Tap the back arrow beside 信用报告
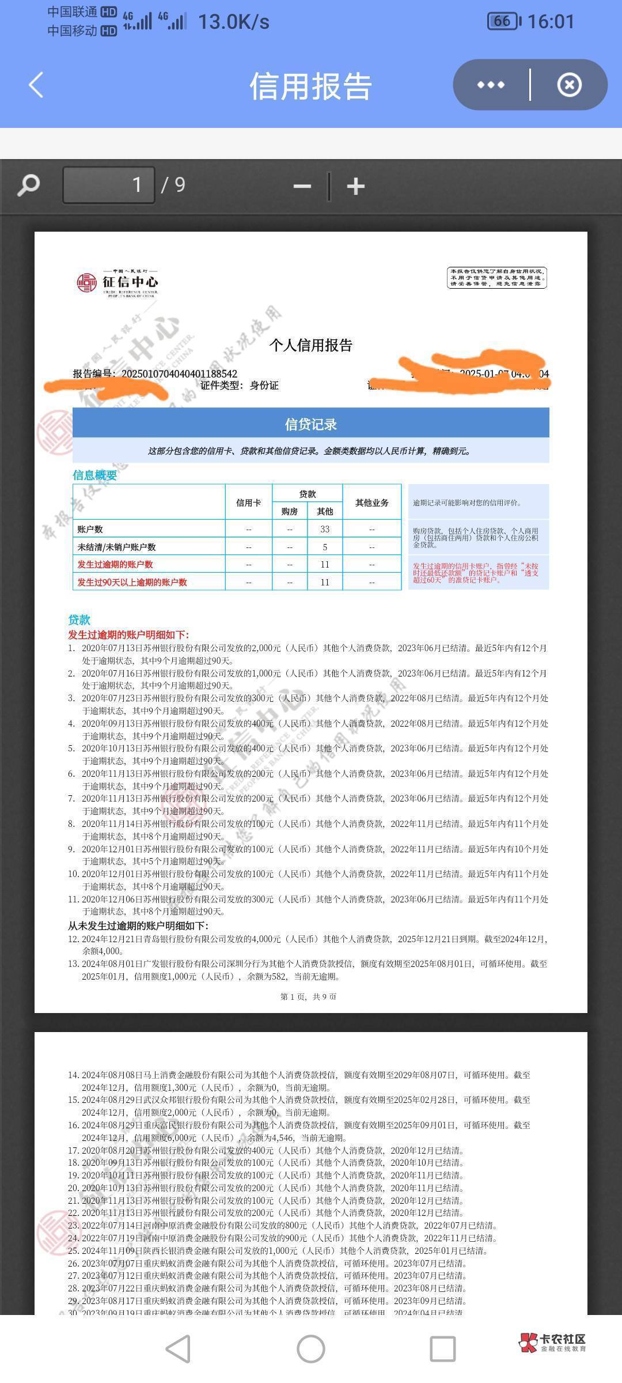(36, 85)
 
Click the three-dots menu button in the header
(491, 85)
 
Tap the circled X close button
(569, 85)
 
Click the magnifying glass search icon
(28, 186)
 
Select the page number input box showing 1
(109, 185)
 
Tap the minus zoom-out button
(302, 186)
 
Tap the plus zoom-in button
(355, 186)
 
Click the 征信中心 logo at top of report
(117, 282)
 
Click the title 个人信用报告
(310, 345)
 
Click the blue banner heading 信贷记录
(310, 425)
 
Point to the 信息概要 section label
(94, 475)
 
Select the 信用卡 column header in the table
(248, 502)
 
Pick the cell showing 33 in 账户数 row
(325, 529)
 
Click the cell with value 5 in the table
(325, 547)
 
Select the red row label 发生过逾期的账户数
(115, 564)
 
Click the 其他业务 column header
(371, 502)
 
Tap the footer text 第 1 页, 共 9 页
(308, 996)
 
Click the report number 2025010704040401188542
(179, 373)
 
